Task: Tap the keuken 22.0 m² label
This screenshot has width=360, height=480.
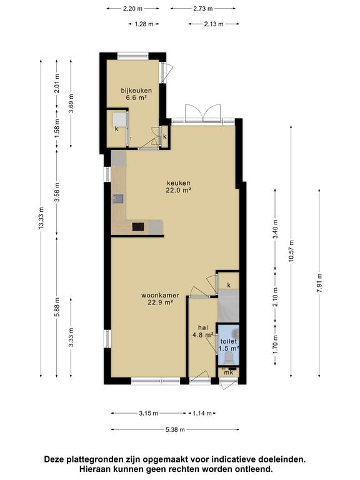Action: pyautogui.click(x=179, y=186)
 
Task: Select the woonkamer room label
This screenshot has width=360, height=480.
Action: pyautogui.click(x=160, y=299)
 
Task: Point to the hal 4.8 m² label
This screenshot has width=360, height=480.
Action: pyautogui.click(x=202, y=331)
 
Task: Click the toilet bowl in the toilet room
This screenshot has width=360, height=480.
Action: pyautogui.click(x=229, y=357)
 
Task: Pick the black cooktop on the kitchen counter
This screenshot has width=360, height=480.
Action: pyautogui.click(x=138, y=226)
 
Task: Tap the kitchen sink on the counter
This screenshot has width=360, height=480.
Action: pyautogui.click(x=118, y=199)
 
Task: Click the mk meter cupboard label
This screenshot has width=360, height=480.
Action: pyautogui.click(x=229, y=372)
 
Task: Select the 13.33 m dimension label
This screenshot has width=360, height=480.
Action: pyautogui.click(x=41, y=217)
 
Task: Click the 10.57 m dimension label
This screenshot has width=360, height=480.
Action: pyautogui.click(x=291, y=251)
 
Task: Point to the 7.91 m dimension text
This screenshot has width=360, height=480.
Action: pyautogui.click(x=319, y=282)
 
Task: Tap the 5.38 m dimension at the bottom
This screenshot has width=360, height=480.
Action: pyautogui.click(x=175, y=429)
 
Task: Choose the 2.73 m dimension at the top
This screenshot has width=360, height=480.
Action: pyautogui.click(x=203, y=9)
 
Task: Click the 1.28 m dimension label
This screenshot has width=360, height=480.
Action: pyautogui.click(x=144, y=24)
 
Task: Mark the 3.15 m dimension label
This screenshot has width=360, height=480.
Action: pyautogui.click(x=149, y=413)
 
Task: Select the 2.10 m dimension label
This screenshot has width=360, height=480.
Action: pyautogui.click(x=275, y=296)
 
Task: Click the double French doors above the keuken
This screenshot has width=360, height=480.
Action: pyautogui.click(x=203, y=113)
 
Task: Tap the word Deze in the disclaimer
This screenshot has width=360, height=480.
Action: pyautogui.click(x=54, y=459)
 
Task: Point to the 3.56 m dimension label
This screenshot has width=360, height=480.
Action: pyautogui.click(x=57, y=192)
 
